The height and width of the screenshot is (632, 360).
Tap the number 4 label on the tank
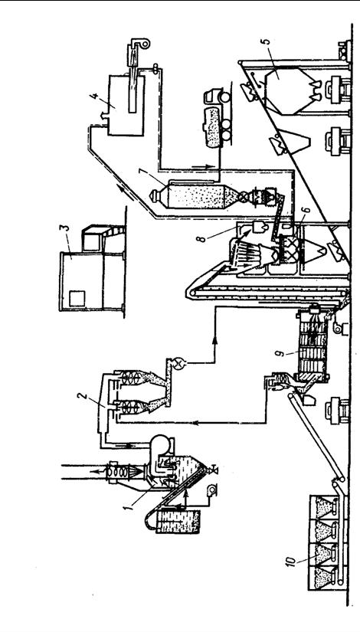(93, 97)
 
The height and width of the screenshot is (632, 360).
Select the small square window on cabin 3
(77, 299)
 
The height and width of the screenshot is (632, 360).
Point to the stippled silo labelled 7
(190, 195)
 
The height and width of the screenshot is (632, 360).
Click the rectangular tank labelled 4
(126, 105)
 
